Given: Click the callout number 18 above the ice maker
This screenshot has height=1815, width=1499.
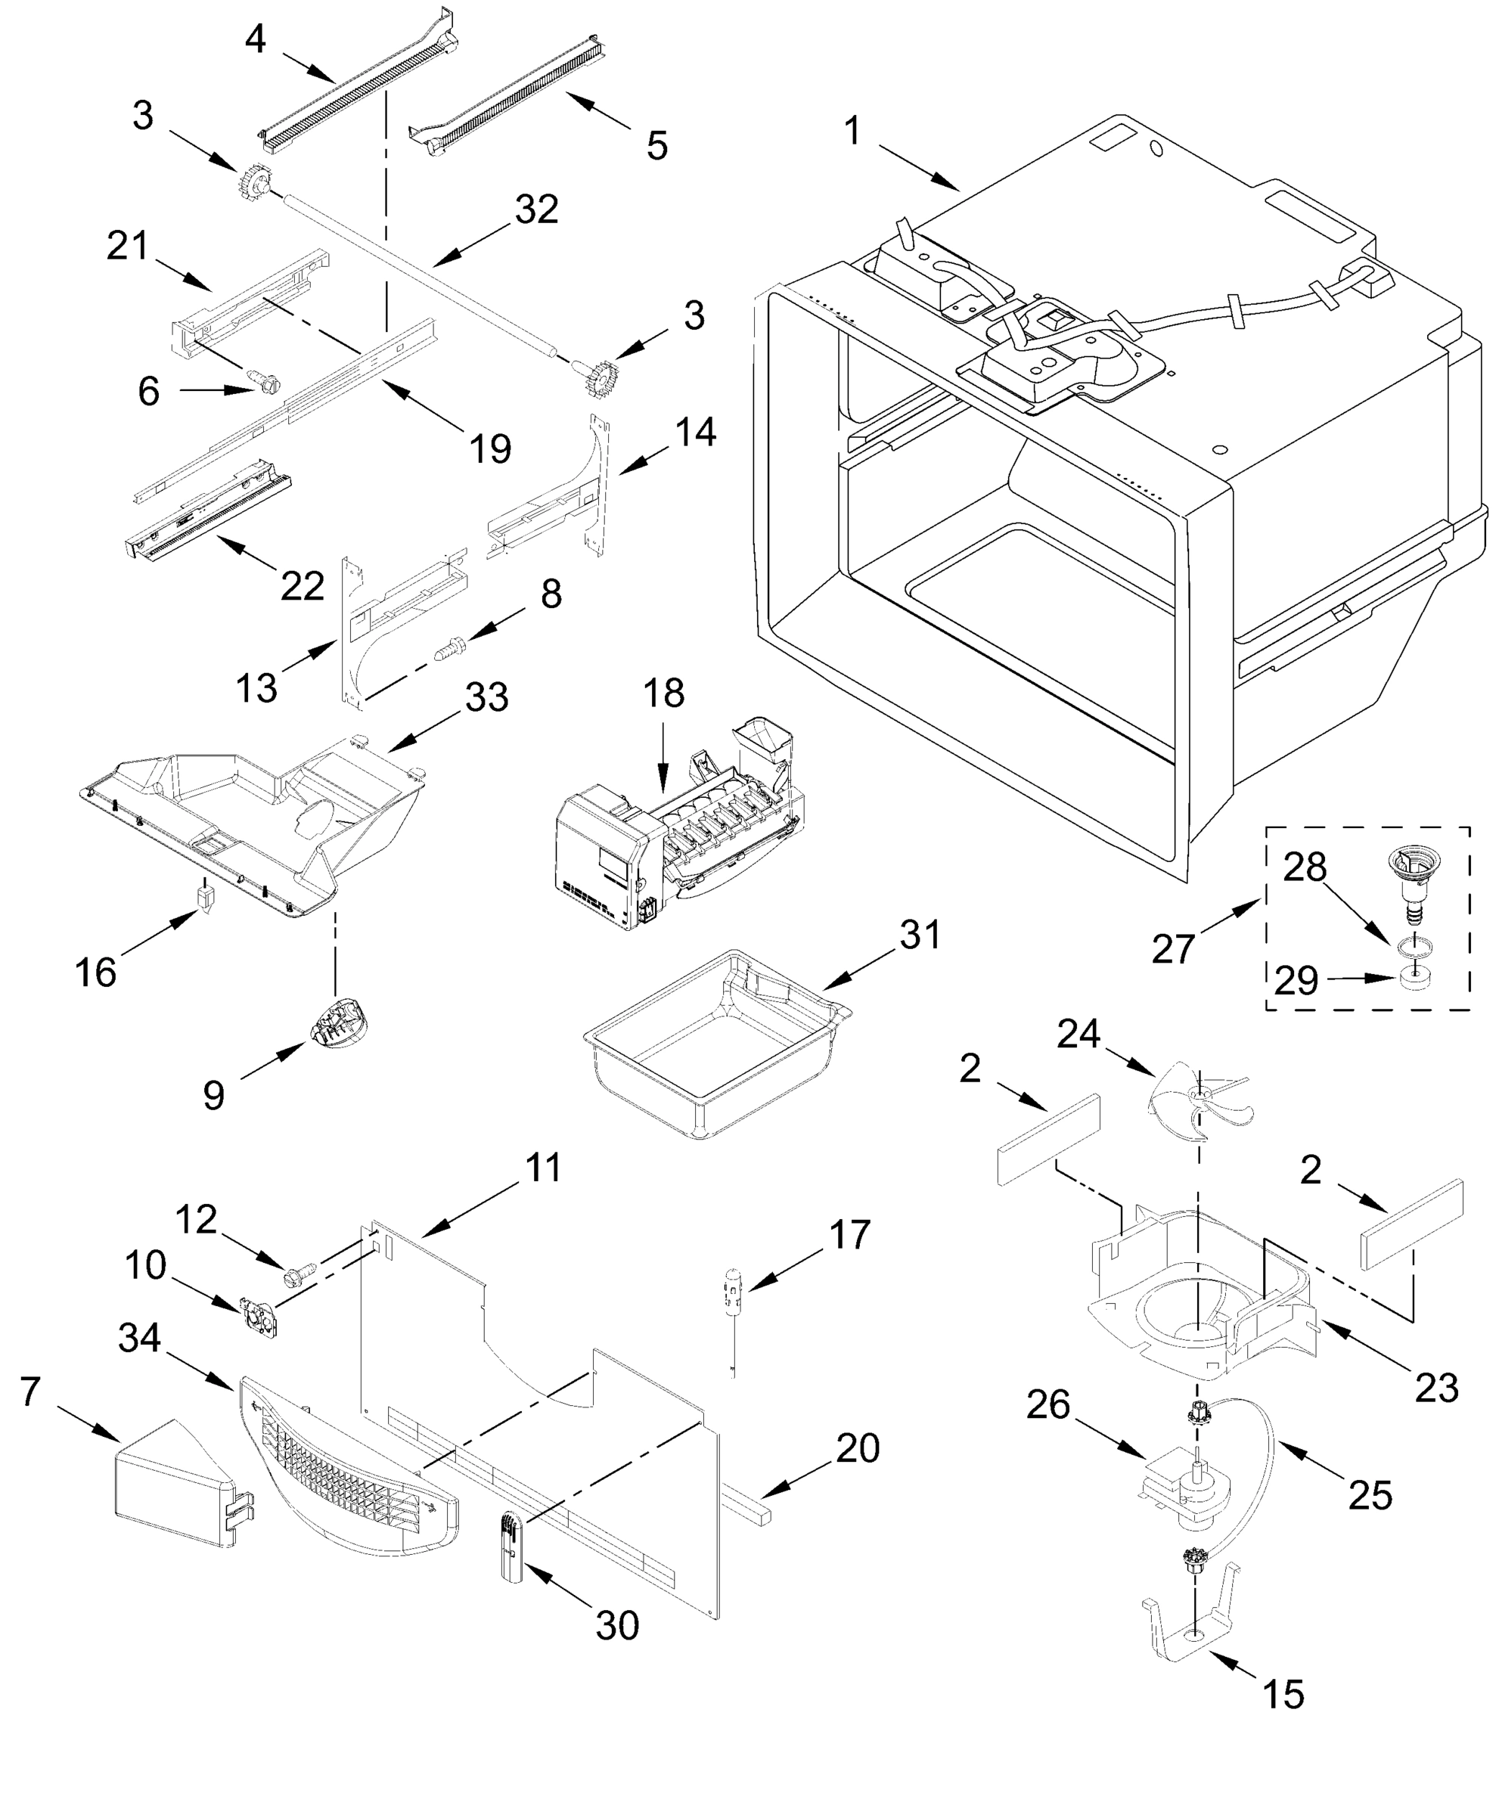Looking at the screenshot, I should tap(663, 694).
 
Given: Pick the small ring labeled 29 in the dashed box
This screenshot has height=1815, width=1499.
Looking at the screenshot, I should tap(1414, 979).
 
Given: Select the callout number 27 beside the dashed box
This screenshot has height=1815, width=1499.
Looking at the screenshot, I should tap(1172, 949).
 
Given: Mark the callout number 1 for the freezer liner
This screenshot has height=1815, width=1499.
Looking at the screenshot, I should tap(852, 132).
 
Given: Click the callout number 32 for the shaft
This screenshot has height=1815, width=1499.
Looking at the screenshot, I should tap(536, 209).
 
